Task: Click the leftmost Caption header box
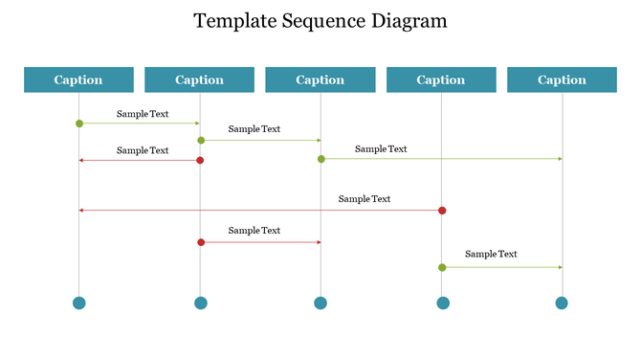[x=78, y=80]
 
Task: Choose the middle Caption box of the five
[x=320, y=80]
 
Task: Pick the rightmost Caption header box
[x=562, y=80]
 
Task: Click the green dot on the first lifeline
[x=79, y=124]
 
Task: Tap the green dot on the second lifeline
[x=201, y=141]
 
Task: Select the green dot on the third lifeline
[x=321, y=159]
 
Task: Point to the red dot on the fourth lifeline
[x=442, y=211]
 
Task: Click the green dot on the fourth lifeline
[x=442, y=267]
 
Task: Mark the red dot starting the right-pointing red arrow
[x=201, y=242]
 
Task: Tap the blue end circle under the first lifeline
[x=79, y=304]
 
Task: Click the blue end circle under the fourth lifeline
[x=443, y=304]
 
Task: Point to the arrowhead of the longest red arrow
[x=82, y=211]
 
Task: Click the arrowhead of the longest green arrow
[x=560, y=159]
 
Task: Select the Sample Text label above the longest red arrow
[x=364, y=199]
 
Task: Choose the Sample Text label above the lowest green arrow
[x=491, y=254]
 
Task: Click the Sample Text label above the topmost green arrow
[x=143, y=114]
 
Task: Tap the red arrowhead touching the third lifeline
[x=318, y=242]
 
